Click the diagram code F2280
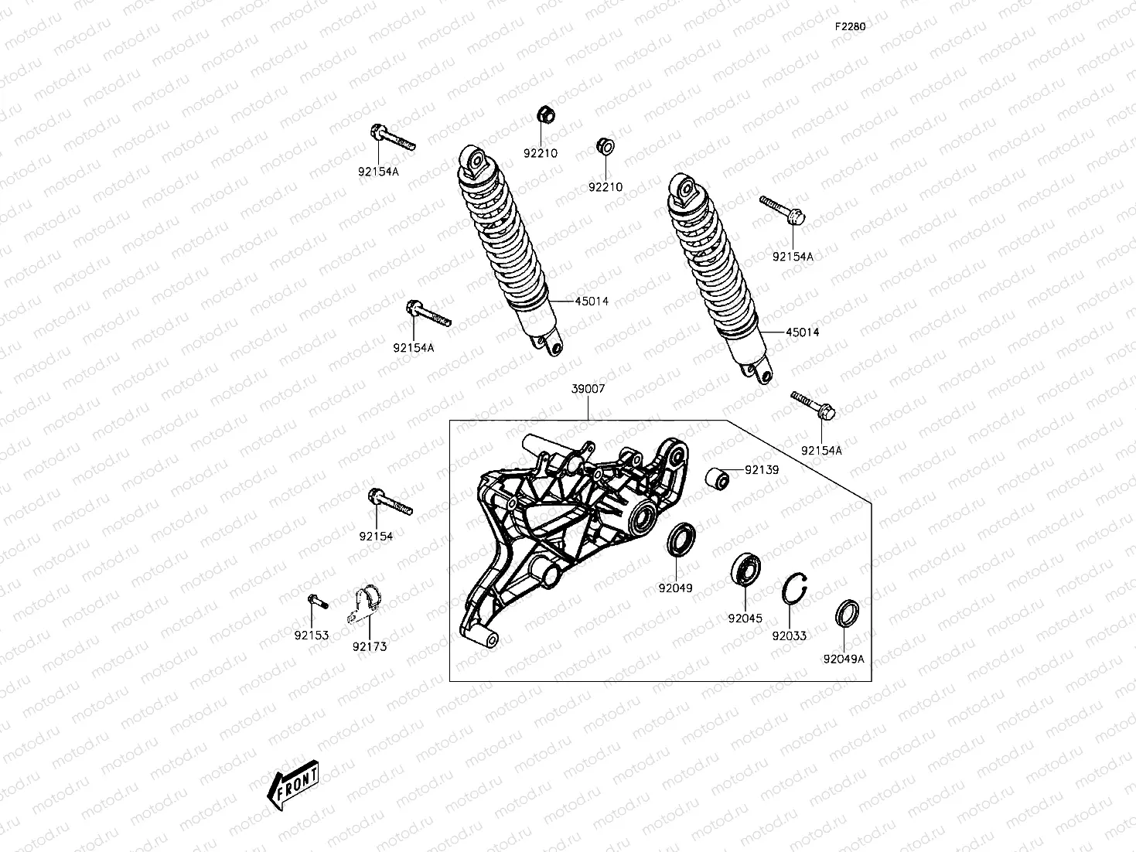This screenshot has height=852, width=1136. click(849, 26)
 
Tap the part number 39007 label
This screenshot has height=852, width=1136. click(588, 390)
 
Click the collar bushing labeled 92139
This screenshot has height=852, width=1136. click(717, 479)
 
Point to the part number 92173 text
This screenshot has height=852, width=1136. click(369, 646)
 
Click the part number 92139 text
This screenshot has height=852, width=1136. click(762, 470)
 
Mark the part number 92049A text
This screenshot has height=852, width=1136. click(844, 659)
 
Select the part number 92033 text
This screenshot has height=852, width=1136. click(789, 636)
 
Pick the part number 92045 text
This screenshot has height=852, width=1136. click(745, 619)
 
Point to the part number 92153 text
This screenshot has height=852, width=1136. click(311, 636)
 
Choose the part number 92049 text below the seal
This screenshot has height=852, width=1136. click(675, 588)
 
